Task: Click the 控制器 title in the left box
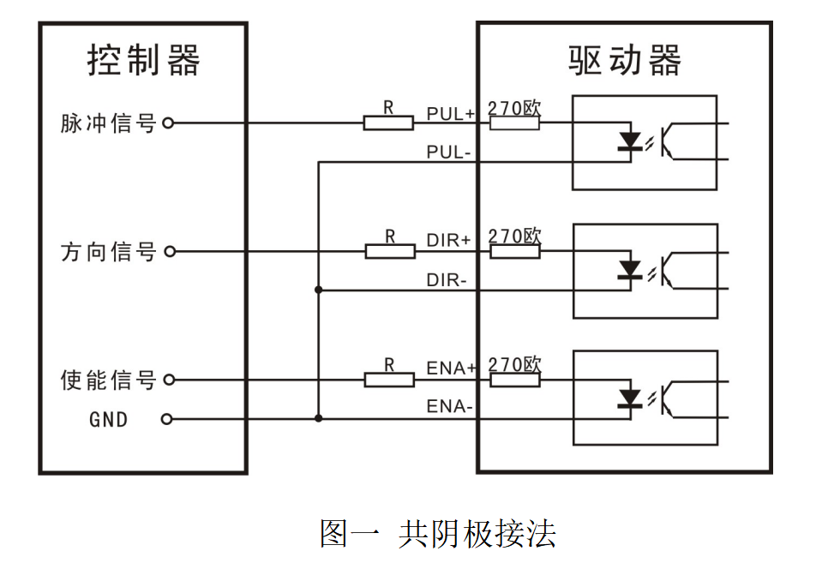[x=143, y=61]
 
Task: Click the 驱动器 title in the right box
[x=624, y=61]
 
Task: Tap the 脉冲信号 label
[x=108, y=123]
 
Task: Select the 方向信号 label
[x=108, y=252]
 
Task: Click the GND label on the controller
[x=108, y=420]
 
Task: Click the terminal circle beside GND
[x=168, y=419]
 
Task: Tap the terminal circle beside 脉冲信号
[x=168, y=123]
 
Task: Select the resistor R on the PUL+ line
[x=388, y=123]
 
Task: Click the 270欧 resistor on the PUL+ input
[x=514, y=123]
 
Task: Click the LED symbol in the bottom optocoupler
[x=631, y=398]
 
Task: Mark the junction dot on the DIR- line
[x=319, y=290]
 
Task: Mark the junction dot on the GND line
[x=319, y=419]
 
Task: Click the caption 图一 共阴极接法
[x=437, y=534]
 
